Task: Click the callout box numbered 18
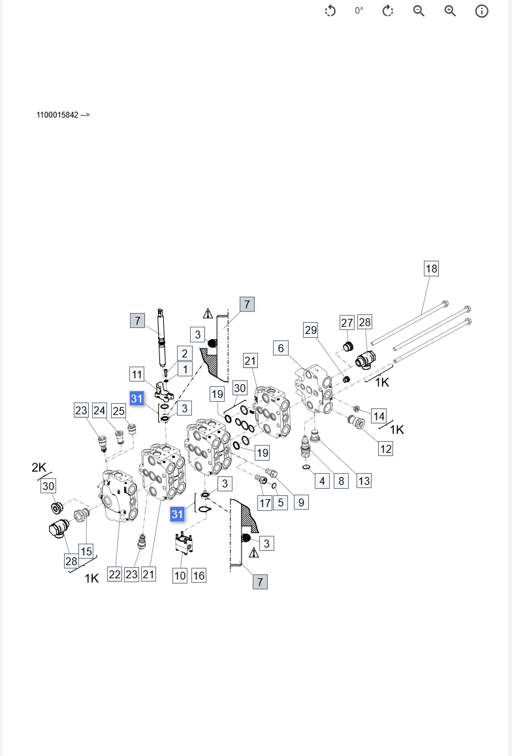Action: point(431,269)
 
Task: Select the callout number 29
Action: point(310,330)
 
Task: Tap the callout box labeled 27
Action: point(347,322)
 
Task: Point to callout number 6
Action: point(281,348)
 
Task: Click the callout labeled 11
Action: point(136,374)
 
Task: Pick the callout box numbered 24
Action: point(99,410)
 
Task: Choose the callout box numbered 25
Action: point(118,410)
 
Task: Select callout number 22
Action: point(115,574)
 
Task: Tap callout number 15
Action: point(86,551)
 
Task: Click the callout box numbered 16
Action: point(199,575)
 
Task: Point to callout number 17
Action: point(264,503)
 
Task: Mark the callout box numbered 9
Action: point(301,502)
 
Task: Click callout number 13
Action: point(364,481)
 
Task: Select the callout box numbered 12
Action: point(386,449)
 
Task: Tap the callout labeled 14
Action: point(379,416)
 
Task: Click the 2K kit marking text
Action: point(39,467)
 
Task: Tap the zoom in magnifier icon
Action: point(450,11)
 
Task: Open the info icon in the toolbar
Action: point(481,11)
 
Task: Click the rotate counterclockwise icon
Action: point(330,11)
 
